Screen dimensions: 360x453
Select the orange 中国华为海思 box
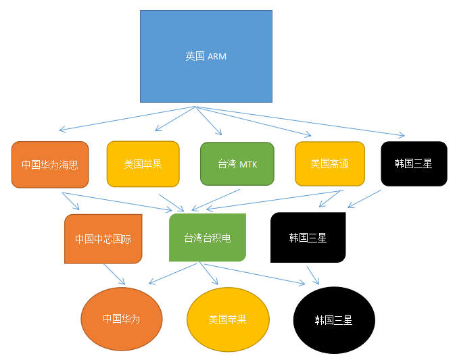coord(50,164)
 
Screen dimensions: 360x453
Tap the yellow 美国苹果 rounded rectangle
coord(143,163)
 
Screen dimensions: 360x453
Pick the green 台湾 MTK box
coord(237,163)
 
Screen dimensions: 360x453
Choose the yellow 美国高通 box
coord(329,163)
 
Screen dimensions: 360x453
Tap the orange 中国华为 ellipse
coord(122,319)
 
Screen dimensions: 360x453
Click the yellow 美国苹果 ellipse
coord(228,319)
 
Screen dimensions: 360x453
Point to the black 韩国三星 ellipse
coord(334,320)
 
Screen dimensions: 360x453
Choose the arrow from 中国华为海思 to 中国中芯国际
coord(70,201)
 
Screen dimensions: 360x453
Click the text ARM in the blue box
coord(217,57)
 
